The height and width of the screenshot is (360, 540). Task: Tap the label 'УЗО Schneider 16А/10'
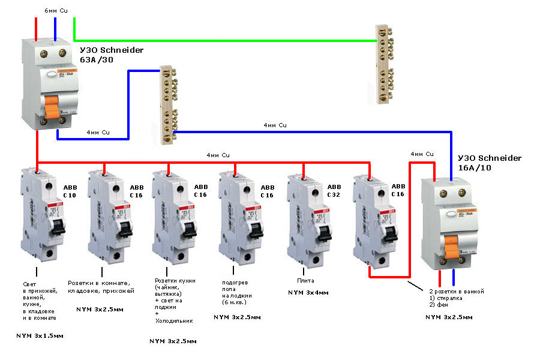click(490, 163)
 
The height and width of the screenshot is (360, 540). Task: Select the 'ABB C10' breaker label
click(70, 191)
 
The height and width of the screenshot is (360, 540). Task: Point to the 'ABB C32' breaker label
click(334, 191)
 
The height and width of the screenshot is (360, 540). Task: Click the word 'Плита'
click(305, 280)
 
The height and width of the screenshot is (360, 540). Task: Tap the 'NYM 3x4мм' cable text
click(308, 292)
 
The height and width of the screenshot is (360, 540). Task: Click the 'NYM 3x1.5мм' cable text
click(39, 335)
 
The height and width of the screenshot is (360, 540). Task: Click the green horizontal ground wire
click(228, 41)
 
